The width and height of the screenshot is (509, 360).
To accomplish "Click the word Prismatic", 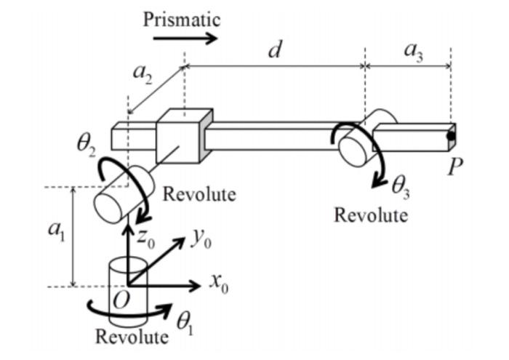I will [x=181, y=18].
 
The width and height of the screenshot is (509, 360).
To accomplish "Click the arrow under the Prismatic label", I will [x=191, y=38].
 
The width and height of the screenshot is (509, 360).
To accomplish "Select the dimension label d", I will [x=274, y=52].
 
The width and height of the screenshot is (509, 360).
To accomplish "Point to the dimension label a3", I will [x=412, y=52].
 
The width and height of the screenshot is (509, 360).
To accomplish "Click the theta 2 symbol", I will [x=87, y=143].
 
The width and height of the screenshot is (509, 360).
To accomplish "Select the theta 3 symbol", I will [x=402, y=188].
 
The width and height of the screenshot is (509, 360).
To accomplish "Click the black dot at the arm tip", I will [x=452, y=135].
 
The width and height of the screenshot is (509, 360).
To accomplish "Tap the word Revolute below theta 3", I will [x=371, y=215].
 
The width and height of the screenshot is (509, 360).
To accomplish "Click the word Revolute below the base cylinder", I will [x=132, y=337].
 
